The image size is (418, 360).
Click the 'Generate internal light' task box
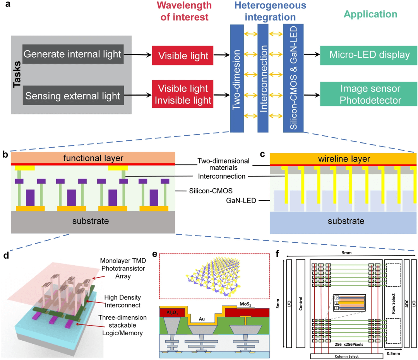pyautogui.click(x=73, y=55)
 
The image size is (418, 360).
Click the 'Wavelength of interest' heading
pyautogui.click(x=184, y=11)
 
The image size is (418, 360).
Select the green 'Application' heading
pyautogui.click(x=370, y=15)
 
